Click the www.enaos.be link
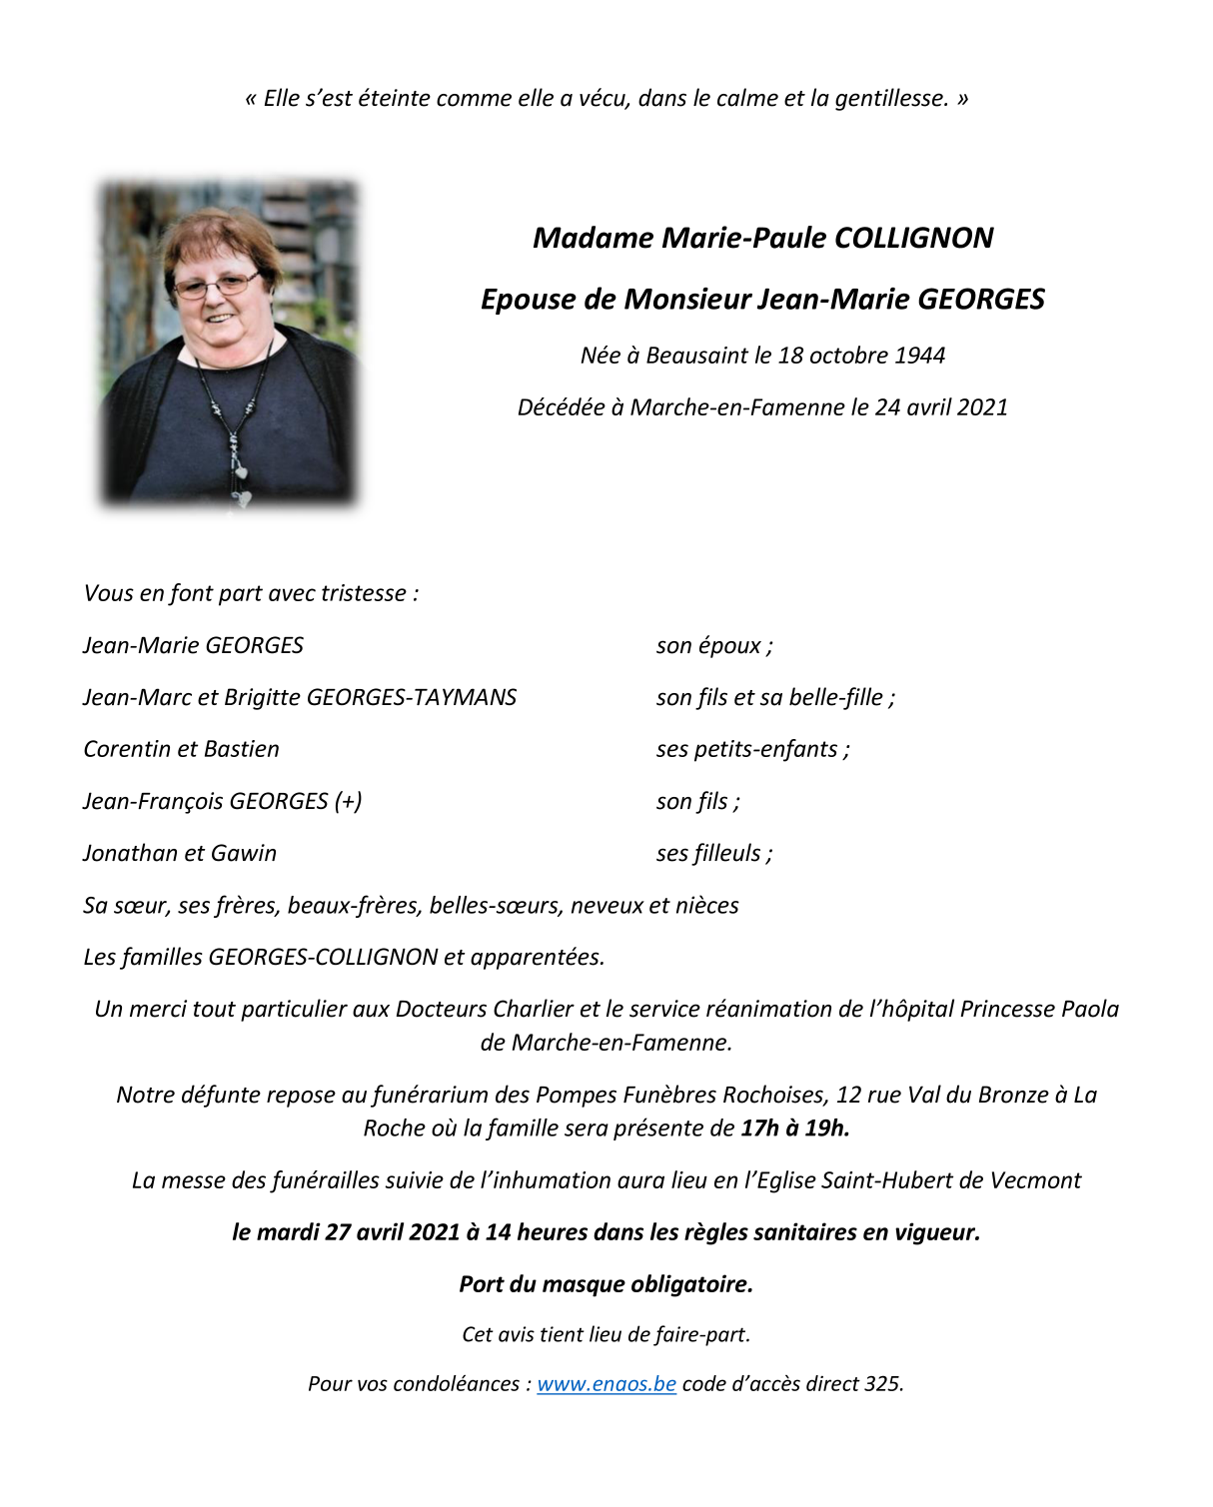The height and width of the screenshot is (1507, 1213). coord(606,1384)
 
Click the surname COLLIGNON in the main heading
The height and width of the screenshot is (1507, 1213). coord(913,239)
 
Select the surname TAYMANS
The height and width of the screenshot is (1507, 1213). coord(465,697)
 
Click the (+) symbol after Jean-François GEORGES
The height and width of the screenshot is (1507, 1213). coord(349,801)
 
